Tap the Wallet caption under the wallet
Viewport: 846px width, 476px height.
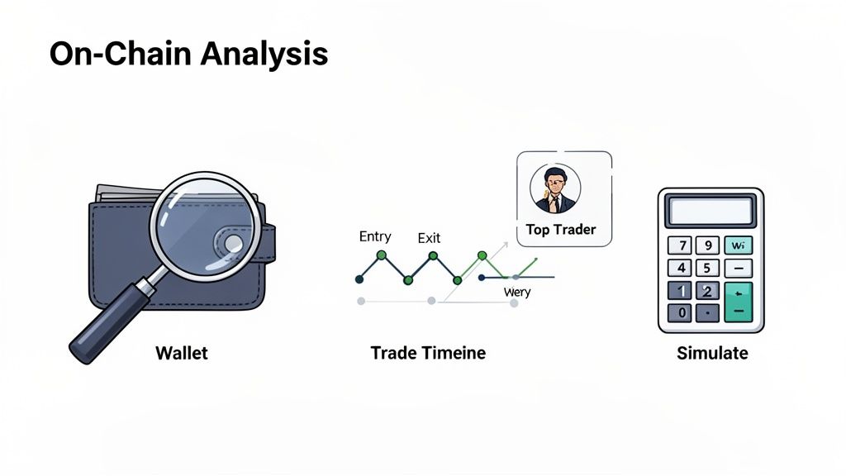click(182, 353)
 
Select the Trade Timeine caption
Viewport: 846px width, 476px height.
click(428, 353)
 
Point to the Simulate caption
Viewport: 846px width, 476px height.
click(712, 353)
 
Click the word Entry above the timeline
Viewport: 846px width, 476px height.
click(375, 236)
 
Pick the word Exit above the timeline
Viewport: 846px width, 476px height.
click(429, 238)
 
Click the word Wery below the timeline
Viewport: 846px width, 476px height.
click(517, 292)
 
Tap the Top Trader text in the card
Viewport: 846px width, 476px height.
click(561, 230)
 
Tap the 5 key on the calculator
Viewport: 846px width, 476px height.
click(707, 268)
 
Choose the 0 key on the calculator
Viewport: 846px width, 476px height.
click(682, 312)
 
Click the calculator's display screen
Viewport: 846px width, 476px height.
click(711, 210)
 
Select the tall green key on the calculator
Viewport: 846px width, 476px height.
click(738, 301)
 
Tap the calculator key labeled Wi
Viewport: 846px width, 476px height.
click(738, 245)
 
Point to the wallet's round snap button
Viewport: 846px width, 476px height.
click(232, 243)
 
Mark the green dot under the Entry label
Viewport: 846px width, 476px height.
click(382, 255)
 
